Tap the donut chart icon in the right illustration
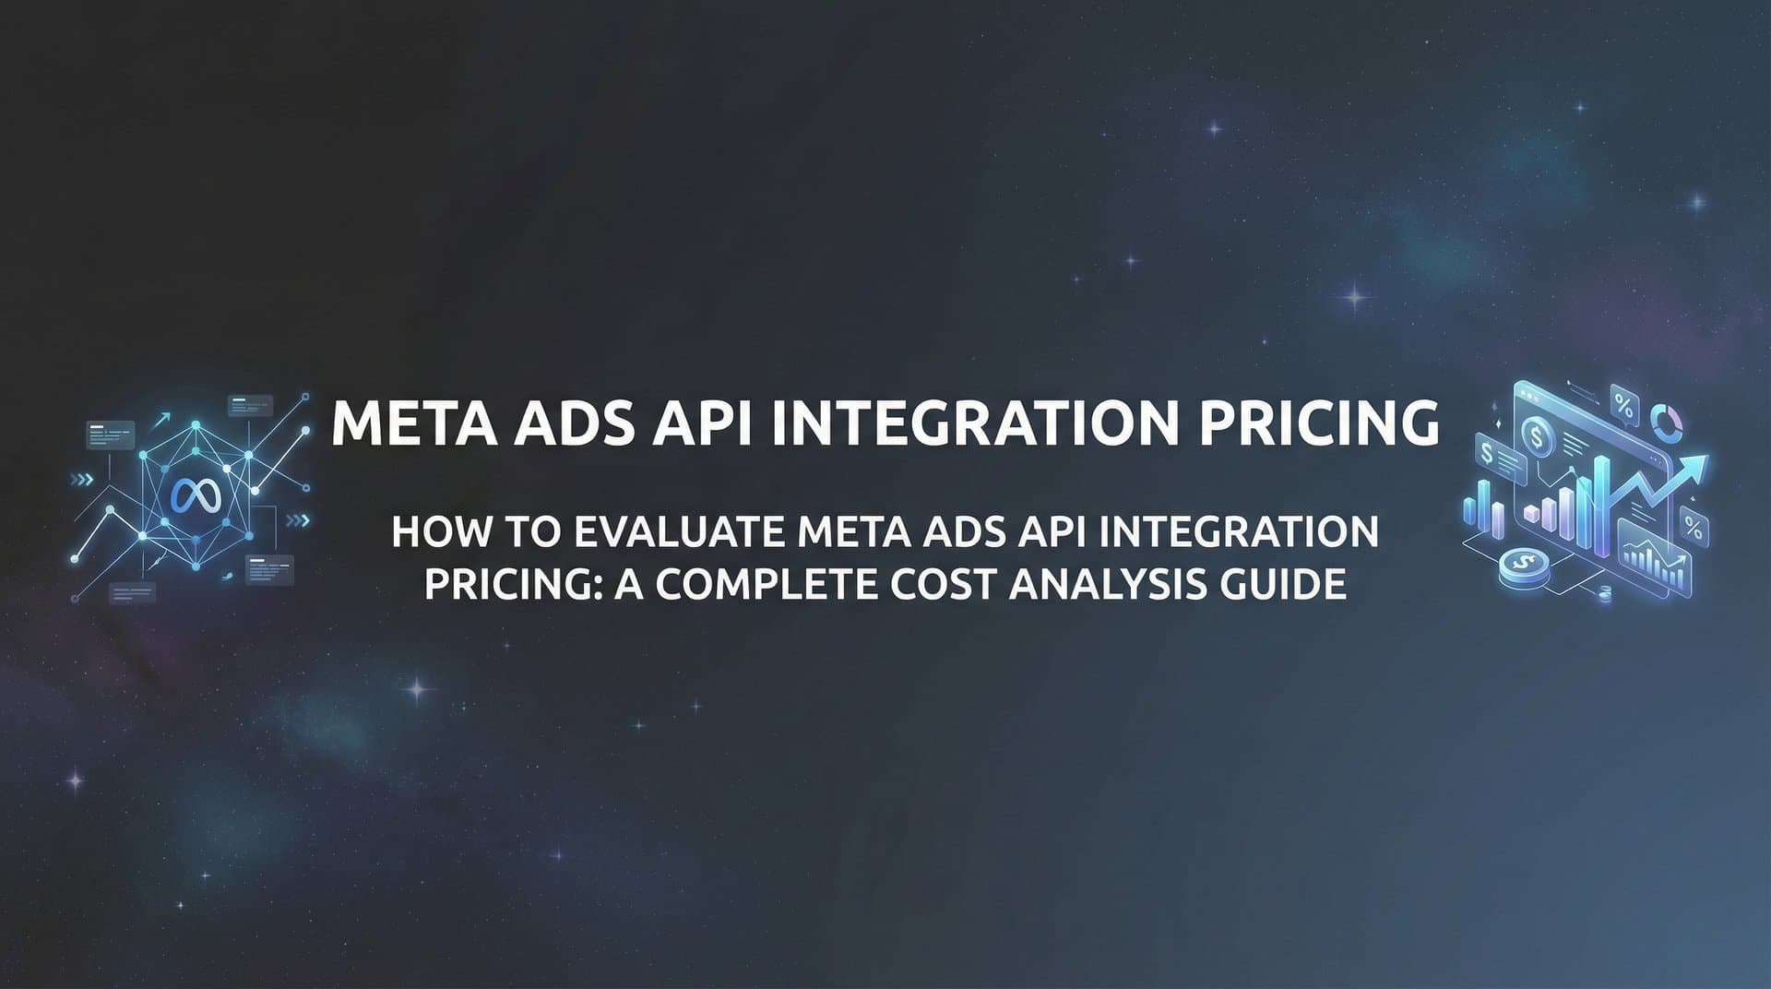click(1668, 423)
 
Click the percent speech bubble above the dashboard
click(1623, 404)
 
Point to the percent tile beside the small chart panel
click(1694, 527)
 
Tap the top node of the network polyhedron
click(196, 427)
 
